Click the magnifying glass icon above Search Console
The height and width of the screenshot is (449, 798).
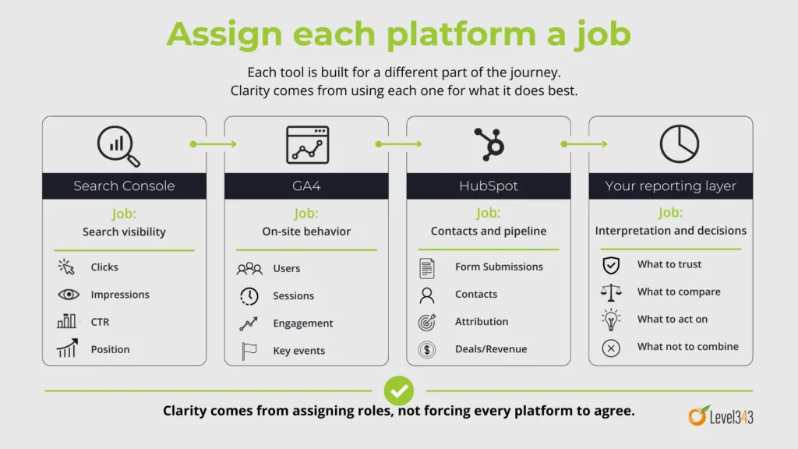118,146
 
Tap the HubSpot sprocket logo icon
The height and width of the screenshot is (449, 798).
489,144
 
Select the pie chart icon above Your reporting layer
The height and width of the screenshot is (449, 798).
680,144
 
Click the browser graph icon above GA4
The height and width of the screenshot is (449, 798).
307,145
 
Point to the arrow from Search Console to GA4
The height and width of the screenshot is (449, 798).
214,144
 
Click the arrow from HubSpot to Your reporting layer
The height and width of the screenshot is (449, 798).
584,144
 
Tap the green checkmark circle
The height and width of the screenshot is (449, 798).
399,391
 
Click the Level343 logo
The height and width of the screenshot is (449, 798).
721,416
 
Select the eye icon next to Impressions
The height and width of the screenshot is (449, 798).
69,294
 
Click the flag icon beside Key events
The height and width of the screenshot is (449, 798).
249,351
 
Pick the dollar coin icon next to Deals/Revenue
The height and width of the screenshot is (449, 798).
427,350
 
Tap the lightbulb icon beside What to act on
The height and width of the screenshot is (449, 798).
611,320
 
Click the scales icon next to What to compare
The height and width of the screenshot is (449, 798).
611,292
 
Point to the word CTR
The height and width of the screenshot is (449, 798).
100,322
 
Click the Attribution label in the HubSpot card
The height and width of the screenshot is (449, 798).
482,321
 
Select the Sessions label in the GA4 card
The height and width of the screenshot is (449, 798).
293,295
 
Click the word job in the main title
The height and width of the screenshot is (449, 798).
603,34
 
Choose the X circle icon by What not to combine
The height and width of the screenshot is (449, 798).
611,348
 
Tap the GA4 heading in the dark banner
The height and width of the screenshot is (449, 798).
306,186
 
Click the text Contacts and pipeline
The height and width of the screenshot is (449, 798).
489,231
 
